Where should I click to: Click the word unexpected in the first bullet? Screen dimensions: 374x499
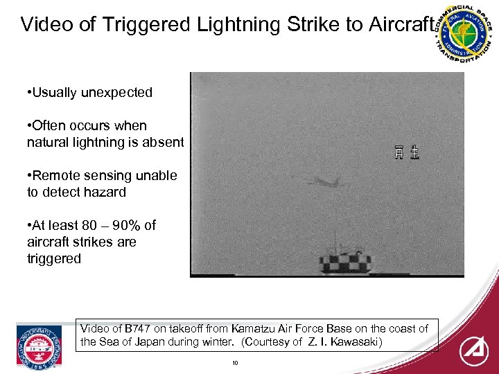click(117, 92)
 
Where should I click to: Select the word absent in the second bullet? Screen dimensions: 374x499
click(164, 142)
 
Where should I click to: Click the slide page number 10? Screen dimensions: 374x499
click(236, 362)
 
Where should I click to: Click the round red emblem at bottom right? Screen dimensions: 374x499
click(474, 350)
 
